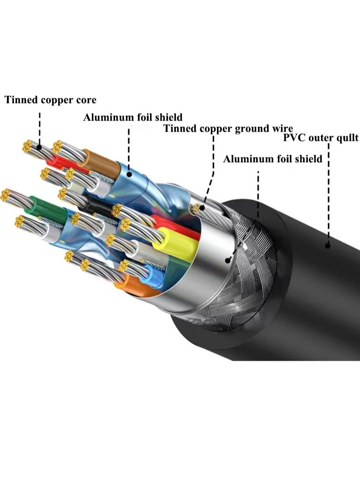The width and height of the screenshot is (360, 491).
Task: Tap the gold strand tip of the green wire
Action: (5, 195)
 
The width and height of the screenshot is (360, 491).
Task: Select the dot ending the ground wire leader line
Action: (203, 203)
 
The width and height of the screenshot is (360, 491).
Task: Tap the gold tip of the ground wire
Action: (197, 208)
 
